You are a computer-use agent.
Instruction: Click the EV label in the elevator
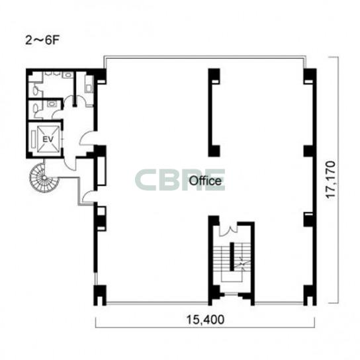[x=48, y=139]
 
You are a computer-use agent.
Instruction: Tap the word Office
[x=205, y=181]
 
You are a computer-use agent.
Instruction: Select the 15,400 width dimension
[x=205, y=320]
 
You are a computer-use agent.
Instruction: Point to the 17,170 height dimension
[x=331, y=179]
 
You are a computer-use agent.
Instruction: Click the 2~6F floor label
[x=42, y=40]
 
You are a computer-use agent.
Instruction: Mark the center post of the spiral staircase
[x=44, y=178]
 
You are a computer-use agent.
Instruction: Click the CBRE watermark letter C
[x=145, y=180]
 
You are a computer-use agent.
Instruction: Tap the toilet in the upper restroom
[x=36, y=89]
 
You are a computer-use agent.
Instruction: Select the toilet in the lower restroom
[x=35, y=111]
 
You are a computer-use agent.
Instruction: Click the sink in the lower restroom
[x=51, y=104]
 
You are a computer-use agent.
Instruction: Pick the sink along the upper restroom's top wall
[x=67, y=75]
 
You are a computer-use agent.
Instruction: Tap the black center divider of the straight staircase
[x=232, y=257]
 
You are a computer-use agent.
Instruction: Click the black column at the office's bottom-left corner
[x=100, y=295]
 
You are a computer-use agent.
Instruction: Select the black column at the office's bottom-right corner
[x=310, y=295]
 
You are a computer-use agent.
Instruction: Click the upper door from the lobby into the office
[x=87, y=138]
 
